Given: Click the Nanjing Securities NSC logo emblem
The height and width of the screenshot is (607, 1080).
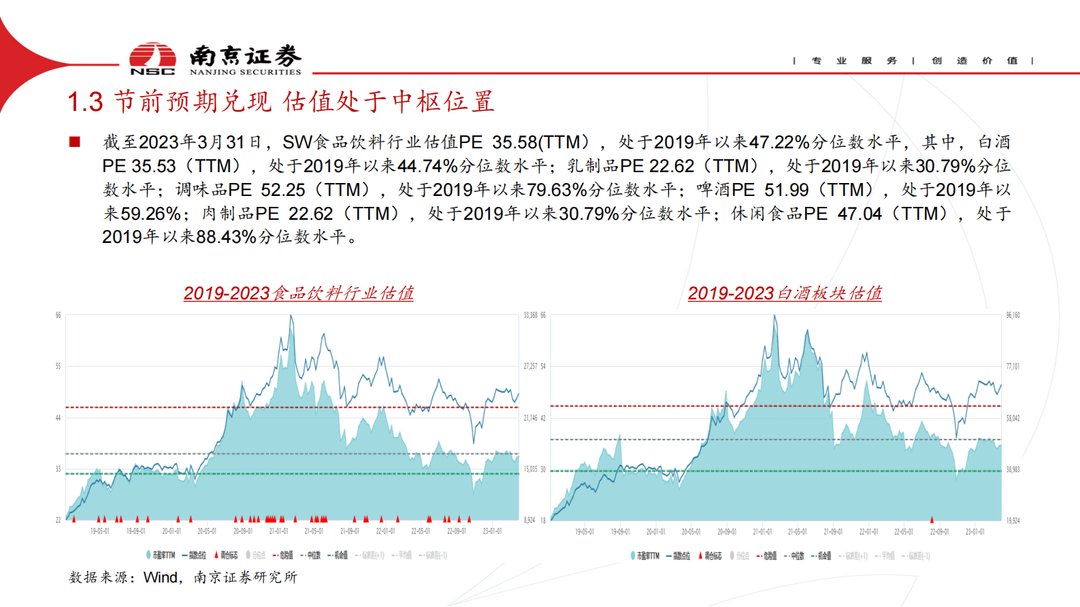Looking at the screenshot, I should pos(152,58).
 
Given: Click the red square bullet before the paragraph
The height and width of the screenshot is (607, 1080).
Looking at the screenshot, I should pos(75,142).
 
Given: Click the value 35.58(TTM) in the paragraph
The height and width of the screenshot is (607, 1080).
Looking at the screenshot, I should pos(540,142).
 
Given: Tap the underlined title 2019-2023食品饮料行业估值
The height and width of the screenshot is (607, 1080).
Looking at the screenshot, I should pos(298,293).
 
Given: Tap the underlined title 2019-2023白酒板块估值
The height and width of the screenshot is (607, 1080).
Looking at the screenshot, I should pos(785,293).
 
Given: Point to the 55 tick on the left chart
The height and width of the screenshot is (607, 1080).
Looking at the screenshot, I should pos(58,366).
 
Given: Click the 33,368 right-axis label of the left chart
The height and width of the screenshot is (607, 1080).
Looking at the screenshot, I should pos(530,315).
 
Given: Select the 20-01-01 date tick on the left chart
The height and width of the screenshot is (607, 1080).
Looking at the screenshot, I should pos(171,531).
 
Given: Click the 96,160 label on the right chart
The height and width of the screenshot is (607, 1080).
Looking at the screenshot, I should pos(1013,315).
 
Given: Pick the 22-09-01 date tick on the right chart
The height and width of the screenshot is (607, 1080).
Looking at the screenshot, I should pos(939,531).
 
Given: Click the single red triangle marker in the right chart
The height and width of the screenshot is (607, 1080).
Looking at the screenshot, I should pos(932,519).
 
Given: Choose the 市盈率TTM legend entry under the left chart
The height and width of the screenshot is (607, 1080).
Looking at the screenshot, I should pos(161,555).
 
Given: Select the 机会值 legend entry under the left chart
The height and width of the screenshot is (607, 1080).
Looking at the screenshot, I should pos(339,555).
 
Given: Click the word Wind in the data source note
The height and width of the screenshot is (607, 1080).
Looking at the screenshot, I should pos(161,577).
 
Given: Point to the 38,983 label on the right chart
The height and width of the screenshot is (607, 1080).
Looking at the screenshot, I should pos(1013,470).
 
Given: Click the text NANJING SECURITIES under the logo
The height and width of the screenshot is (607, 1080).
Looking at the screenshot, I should pos(245,72).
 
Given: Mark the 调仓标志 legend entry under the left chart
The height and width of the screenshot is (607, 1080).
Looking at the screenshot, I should pos(227,555).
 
